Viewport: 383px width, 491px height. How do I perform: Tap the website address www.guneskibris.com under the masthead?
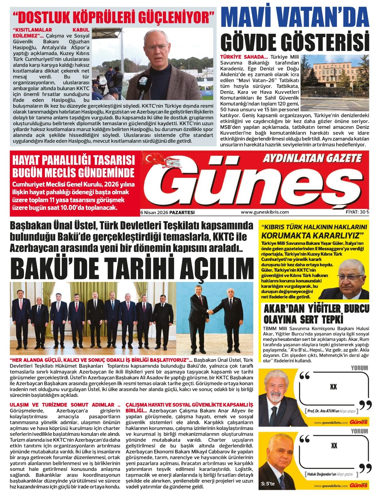pyautogui.click(x=265, y=212)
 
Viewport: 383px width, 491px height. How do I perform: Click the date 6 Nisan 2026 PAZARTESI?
pyautogui.click(x=168, y=212)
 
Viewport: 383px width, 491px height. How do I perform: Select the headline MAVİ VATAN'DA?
pyautogui.click(x=295, y=18)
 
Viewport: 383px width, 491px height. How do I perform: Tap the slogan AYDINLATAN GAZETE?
pyautogui.click(x=312, y=158)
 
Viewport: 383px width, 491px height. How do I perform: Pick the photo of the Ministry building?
pyautogui.click(x=334, y=83)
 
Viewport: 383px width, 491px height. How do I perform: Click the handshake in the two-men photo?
pyautogui.click(x=211, y=312)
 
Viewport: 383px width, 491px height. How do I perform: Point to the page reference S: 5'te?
pyautogui.click(x=268, y=484)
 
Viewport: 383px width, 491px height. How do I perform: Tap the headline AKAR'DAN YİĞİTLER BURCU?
pyautogui.click(x=316, y=308)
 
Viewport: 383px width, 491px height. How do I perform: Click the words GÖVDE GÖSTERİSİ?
pyautogui.click(x=295, y=41)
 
